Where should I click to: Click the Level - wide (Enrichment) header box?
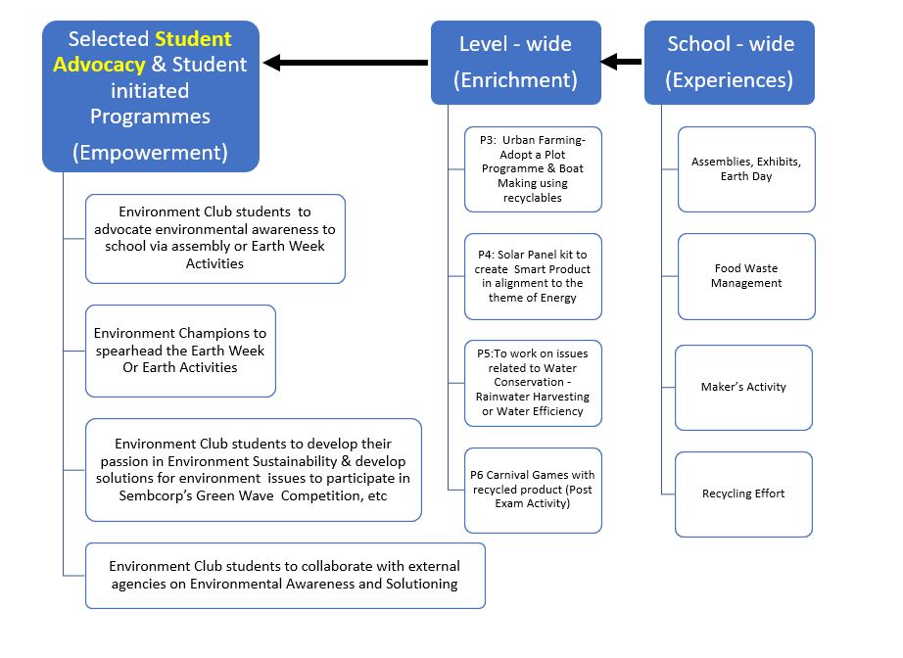[x=516, y=62]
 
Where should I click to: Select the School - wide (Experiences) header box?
[x=730, y=62]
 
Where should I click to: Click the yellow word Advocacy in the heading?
[x=99, y=65]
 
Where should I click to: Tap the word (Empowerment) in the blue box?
[x=150, y=153]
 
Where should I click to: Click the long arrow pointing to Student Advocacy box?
[x=346, y=62]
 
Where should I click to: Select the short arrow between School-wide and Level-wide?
[x=621, y=61]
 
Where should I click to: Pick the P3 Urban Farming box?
[x=533, y=169]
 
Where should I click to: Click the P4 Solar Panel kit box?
[x=533, y=276]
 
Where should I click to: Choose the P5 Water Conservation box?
[x=533, y=384]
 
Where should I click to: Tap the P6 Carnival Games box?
[x=533, y=491]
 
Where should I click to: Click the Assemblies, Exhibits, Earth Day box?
[x=747, y=169]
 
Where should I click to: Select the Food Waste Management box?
[x=747, y=276]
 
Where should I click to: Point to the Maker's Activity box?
[x=744, y=388]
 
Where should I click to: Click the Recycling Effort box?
[x=744, y=494]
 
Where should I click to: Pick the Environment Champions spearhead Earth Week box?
[x=181, y=352]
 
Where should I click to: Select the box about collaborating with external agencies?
[x=286, y=576]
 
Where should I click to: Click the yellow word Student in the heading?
[x=194, y=38]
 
